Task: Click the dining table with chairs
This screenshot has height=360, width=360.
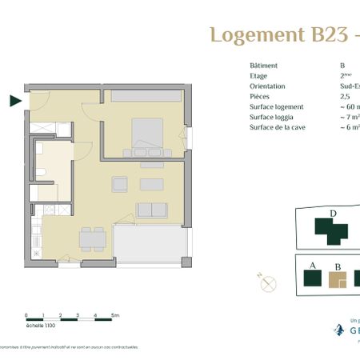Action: (x=93, y=238)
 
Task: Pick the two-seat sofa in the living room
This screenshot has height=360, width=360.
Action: (x=150, y=210)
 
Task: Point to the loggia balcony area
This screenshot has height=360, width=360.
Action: (x=149, y=243)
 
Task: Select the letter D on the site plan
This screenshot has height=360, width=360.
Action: (x=332, y=214)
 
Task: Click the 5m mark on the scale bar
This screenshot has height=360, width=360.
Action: (x=115, y=316)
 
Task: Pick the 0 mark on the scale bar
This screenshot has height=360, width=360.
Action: (x=26, y=316)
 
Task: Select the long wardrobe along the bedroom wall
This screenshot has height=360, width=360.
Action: (x=146, y=96)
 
